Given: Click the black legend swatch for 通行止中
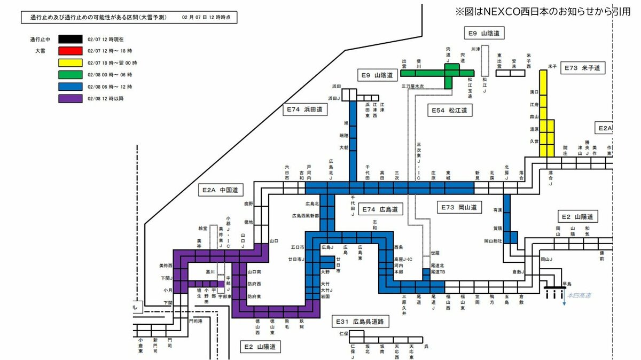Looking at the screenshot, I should [x=71, y=39].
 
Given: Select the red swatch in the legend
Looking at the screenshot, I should [x=71, y=51].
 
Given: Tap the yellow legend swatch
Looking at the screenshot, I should [x=71, y=62].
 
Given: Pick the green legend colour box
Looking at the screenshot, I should [x=71, y=74].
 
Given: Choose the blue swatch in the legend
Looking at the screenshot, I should [x=71, y=87].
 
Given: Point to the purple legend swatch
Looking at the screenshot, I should [x=71, y=98].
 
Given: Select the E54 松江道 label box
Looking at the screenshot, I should [x=450, y=111].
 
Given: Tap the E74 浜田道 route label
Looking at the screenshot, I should [x=304, y=109].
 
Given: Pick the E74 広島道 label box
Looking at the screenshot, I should [x=380, y=209].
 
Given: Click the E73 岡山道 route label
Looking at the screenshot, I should [x=459, y=207].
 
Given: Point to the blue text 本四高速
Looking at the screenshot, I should [x=580, y=295].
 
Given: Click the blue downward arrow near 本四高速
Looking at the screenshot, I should [x=564, y=300].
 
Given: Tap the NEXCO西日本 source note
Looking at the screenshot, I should [x=543, y=11].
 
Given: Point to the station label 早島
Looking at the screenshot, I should [x=567, y=284].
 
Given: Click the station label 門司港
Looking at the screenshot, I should [x=196, y=322].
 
